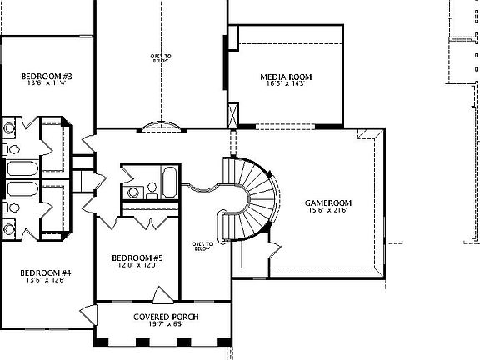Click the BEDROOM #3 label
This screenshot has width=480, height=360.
[x=44, y=77]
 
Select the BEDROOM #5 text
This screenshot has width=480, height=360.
[x=137, y=258]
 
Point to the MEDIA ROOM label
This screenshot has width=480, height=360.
[x=286, y=77]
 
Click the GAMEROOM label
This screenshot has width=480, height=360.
[x=328, y=202]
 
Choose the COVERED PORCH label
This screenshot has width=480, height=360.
[x=165, y=317]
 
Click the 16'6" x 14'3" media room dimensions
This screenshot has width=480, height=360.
[x=286, y=84]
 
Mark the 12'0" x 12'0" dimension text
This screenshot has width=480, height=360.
[x=137, y=266]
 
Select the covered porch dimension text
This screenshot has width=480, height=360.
[x=165, y=325]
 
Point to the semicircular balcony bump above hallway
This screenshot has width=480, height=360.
[x=162, y=126]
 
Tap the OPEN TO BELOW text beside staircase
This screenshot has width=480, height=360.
[x=202, y=246]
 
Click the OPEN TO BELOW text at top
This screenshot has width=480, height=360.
[x=161, y=57]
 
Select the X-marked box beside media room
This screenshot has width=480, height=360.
[x=232, y=113]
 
